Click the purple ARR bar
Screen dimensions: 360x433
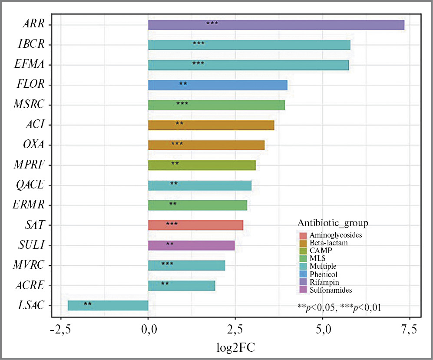(276, 25)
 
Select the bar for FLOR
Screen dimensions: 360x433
(218, 85)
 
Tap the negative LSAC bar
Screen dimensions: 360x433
(108, 305)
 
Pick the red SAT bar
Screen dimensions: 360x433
(195, 225)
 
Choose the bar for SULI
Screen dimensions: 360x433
(191, 245)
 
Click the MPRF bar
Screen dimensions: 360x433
(202, 165)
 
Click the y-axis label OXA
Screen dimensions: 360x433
(34, 145)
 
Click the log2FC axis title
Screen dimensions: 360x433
(235, 348)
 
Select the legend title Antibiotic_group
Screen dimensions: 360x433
(333, 223)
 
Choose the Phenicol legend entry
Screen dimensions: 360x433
(324, 274)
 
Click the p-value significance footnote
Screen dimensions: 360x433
(339, 307)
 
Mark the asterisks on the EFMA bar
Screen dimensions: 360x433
(198, 63)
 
